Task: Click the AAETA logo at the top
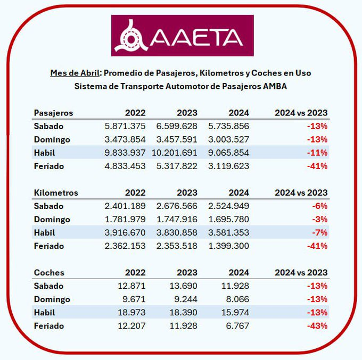pos(182,36)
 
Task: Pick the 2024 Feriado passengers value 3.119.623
pos(227,166)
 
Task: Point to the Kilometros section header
pos(56,192)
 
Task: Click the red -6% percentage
pos(320,206)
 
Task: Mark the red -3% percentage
pos(320,220)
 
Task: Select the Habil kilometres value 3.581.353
pos(227,233)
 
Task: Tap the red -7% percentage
pos(320,233)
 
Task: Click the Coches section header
pos(49,272)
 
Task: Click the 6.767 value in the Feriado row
pos(237,326)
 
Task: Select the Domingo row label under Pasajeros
pos(52,140)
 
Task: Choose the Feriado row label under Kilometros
pos(49,246)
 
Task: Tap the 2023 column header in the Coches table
pos(187,272)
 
